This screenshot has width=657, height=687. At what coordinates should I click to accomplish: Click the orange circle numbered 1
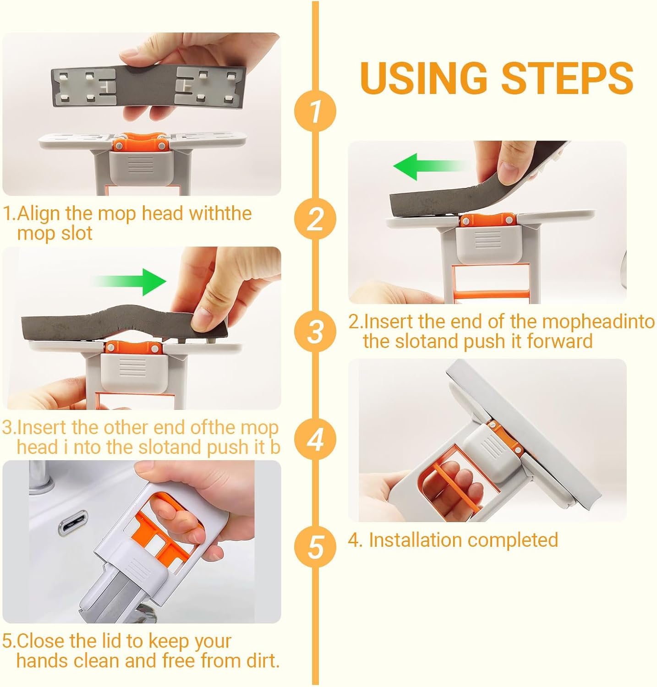tap(315, 111)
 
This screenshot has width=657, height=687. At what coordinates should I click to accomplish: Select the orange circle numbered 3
tap(315, 331)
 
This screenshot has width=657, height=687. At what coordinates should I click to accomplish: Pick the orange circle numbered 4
tap(315, 439)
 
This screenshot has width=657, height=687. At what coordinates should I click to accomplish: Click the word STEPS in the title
tap(567, 77)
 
